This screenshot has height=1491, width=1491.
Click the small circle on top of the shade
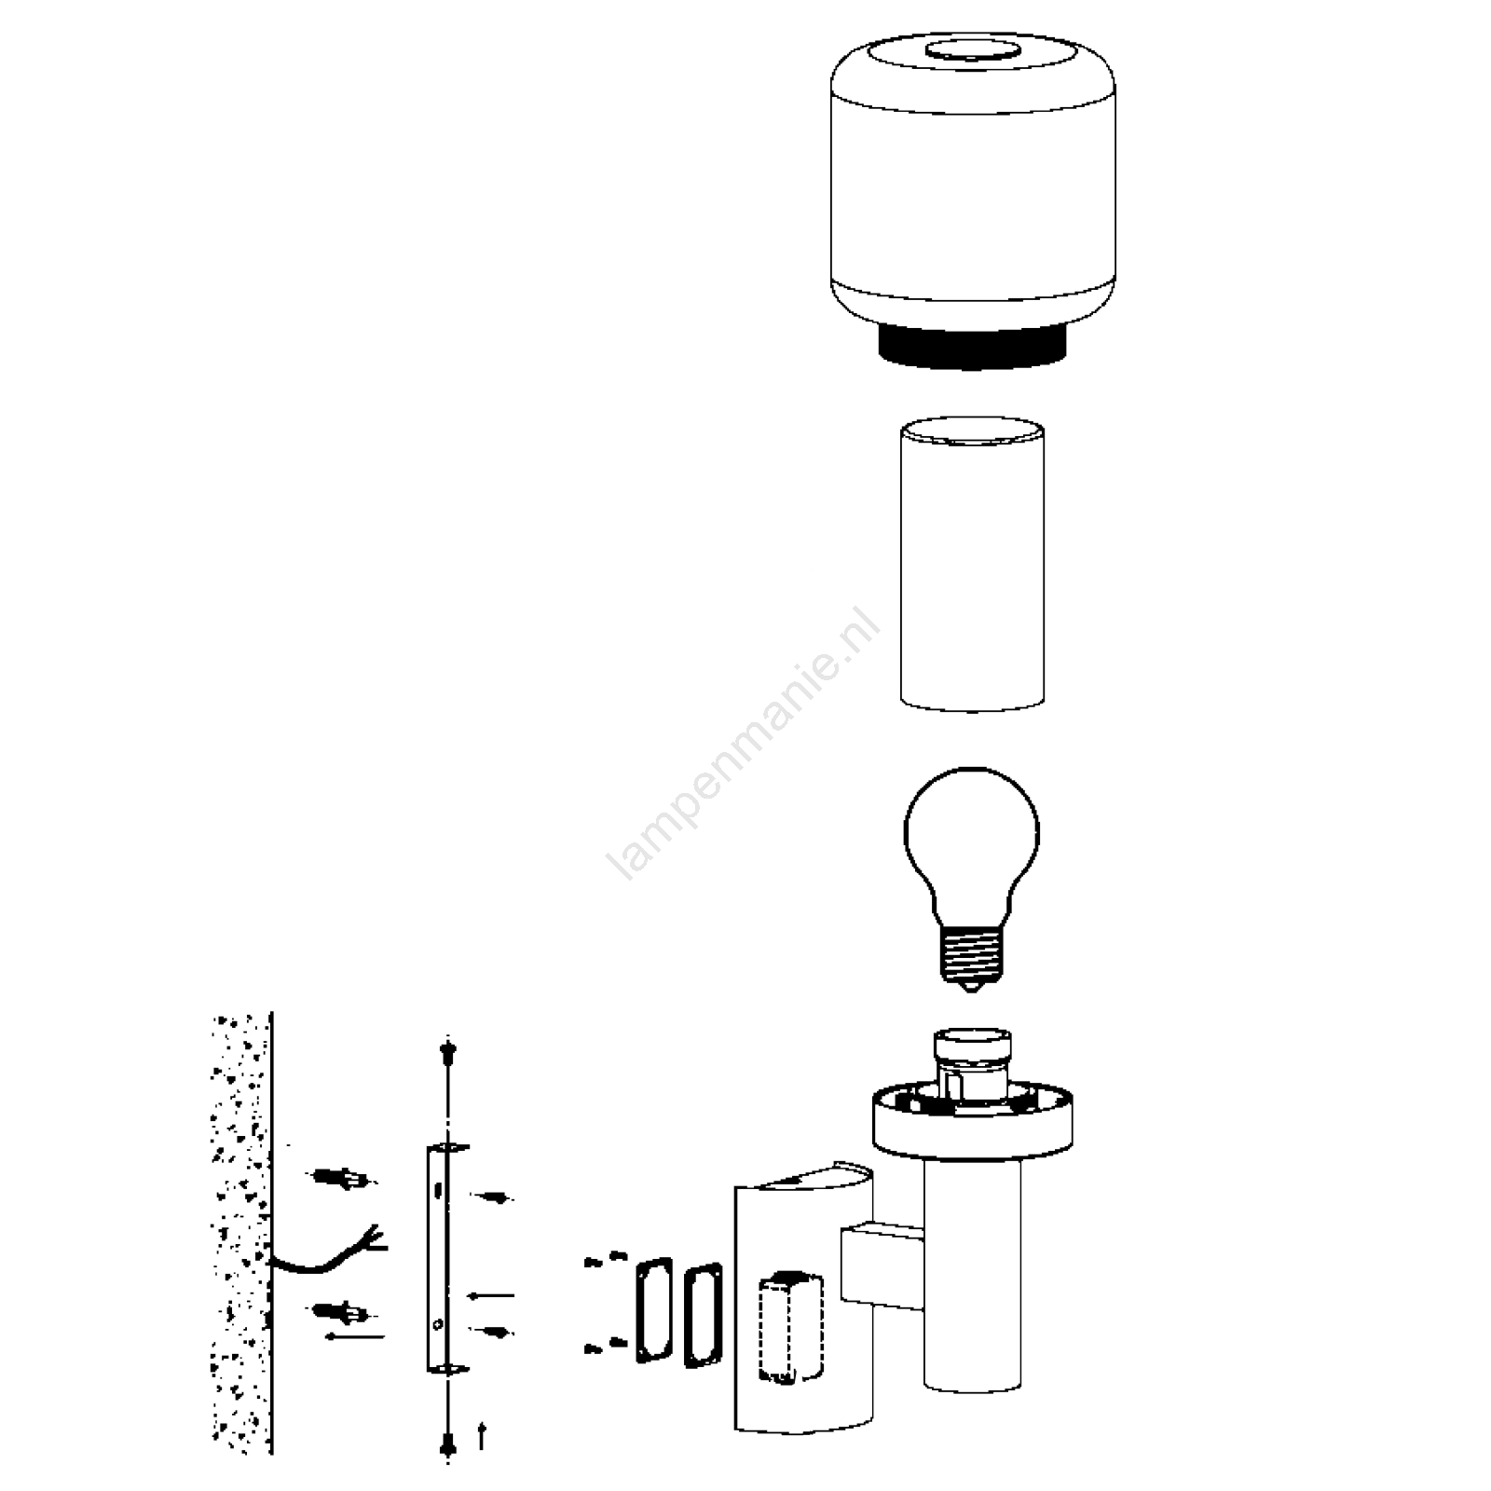point(971,52)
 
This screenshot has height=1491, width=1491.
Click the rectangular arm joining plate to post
point(882,1265)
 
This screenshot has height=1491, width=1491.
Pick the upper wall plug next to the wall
point(341,1179)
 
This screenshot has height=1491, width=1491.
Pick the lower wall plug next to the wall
point(341,1314)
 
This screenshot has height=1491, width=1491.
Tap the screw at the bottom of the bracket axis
point(448,1444)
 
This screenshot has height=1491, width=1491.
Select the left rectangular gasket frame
point(654,1310)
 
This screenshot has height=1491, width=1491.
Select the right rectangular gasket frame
point(703,1315)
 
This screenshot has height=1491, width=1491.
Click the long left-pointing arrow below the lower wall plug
point(354,1337)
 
